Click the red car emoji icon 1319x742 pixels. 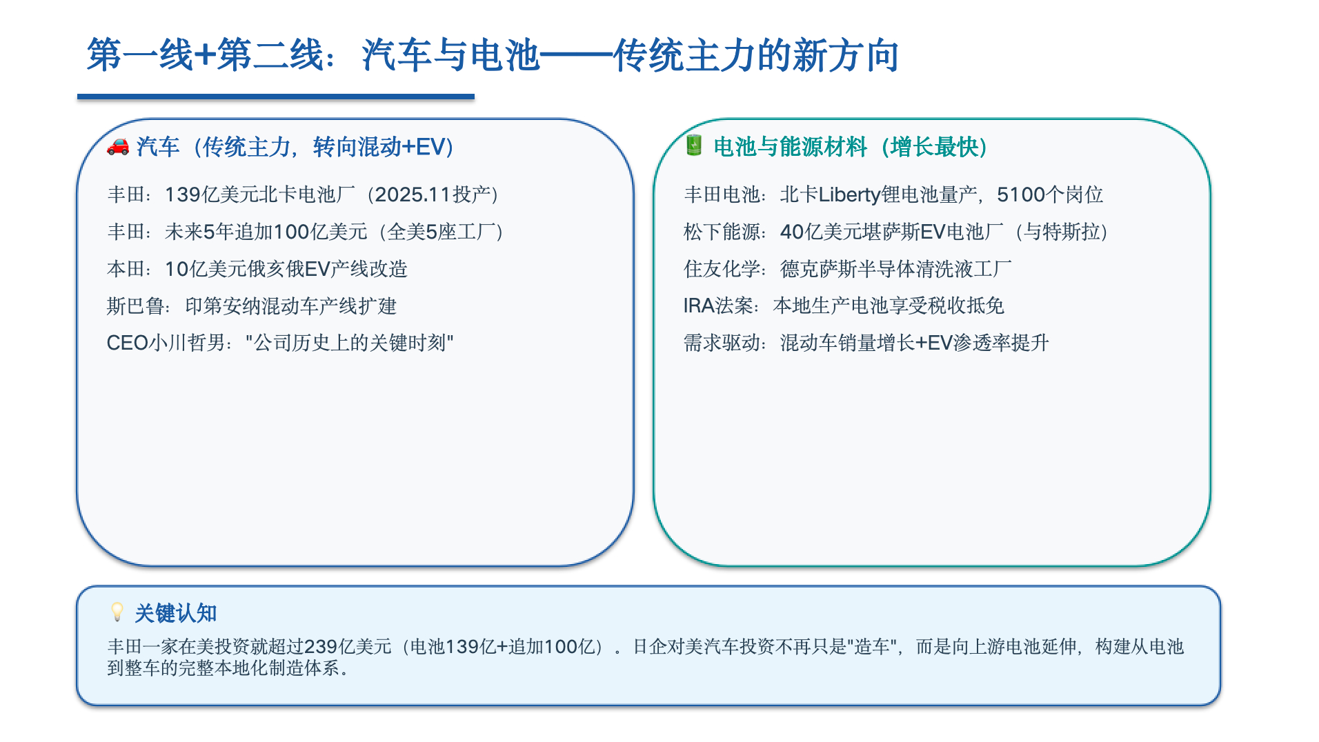point(118,146)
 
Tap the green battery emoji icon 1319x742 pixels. point(694,146)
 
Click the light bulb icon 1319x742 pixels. point(117,612)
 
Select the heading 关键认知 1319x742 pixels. point(176,612)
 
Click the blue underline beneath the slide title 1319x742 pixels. point(276,97)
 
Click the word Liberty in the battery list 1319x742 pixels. point(850,195)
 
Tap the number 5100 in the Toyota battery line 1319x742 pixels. point(1021,194)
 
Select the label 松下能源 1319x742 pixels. point(722,232)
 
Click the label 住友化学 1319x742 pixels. point(722,269)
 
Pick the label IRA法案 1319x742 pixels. point(718,305)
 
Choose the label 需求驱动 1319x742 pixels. point(722,343)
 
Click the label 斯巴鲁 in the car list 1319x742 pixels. point(135,305)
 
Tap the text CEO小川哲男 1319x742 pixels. point(166,343)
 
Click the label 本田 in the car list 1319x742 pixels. point(126,269)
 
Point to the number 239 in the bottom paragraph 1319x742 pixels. point(320,646)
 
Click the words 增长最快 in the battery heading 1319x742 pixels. point(934,147)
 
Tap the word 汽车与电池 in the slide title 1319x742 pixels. point(450,55)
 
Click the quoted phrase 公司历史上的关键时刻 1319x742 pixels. point(350,343)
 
